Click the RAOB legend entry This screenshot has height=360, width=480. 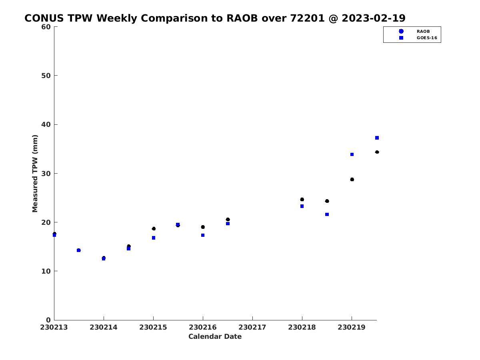point(414,31)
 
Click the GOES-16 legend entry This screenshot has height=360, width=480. point(418,38)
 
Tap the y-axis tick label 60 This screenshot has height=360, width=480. point(46,27)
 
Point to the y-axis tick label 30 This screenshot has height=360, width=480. point(46,174)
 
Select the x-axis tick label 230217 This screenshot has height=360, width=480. point(252,327)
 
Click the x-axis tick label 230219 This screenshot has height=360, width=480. point(352,327)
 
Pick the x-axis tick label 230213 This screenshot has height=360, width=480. point(54,327)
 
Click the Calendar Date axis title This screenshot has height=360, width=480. point(215,336)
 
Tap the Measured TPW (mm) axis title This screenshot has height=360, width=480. point(35,173)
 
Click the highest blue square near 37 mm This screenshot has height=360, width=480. point(377,138)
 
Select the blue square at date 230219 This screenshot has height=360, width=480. point(352,154)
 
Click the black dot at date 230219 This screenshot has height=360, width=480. point(352,180)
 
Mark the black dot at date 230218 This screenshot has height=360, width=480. point(302,199)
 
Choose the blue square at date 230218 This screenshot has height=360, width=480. point(302,206)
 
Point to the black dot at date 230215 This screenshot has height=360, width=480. point(154,229)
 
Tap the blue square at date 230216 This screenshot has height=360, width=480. point(203,235)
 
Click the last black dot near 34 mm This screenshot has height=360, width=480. point(377,152)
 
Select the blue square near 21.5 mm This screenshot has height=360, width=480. point(327,214)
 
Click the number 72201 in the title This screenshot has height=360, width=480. point(307,18)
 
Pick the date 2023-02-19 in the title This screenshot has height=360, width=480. point(374,18)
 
